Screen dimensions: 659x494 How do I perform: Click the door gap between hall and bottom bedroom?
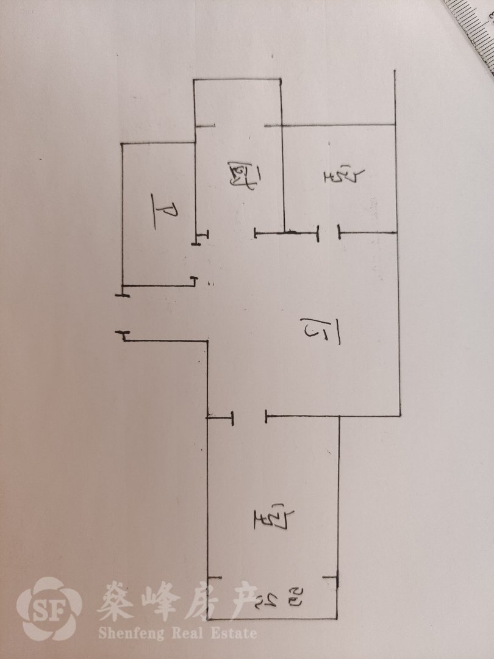click(249, 417)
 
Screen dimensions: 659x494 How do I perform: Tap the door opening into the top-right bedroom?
click(328, 232)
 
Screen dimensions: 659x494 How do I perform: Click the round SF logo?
click(49, 608)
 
